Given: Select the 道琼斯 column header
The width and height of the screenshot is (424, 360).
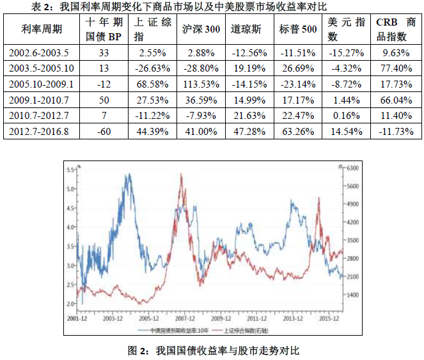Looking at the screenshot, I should click(244, 29).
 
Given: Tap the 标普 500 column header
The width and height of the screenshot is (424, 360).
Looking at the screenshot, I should click(299, 29).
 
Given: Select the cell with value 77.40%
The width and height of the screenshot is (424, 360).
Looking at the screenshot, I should click(395, 67).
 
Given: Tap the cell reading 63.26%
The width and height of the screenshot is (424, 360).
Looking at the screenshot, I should click(299, 131).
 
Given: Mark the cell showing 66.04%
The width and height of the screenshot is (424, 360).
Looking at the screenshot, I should click(395, 99).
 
